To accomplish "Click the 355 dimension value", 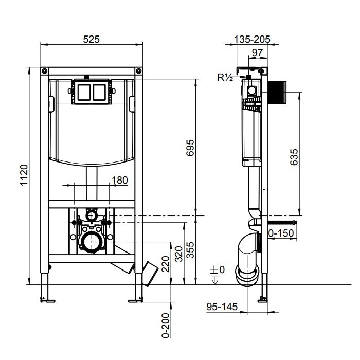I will pyautogui.click(x=190, y=249).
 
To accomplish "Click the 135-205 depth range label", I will pyautogui.click(x=252, y=39).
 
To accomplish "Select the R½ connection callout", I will pyautogui.click(x=225, y=78).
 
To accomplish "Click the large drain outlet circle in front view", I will pyautogui.click(x=92, y=240).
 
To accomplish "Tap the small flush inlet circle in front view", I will pyautogui.click(x=92, y=213).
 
